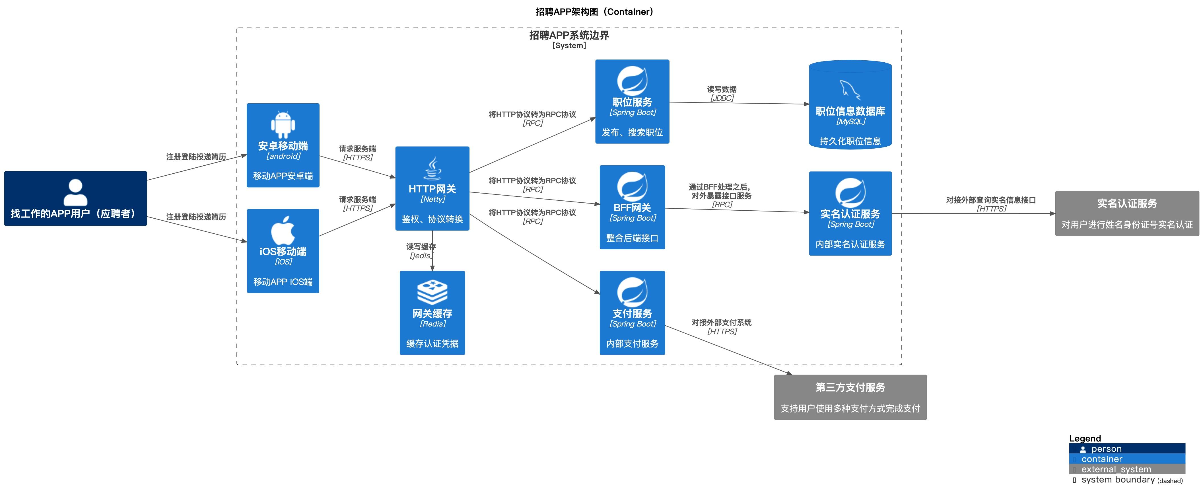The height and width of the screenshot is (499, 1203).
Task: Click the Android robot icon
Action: [283, 125]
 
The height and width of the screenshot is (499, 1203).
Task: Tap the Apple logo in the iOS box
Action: [283, 230]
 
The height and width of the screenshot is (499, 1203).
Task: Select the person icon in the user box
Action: [75, 192]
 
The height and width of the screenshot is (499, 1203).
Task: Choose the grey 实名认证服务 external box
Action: [1127, 213]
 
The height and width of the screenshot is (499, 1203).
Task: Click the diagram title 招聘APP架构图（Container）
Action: [594, 12]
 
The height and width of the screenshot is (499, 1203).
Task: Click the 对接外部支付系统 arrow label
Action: [722, 323]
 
